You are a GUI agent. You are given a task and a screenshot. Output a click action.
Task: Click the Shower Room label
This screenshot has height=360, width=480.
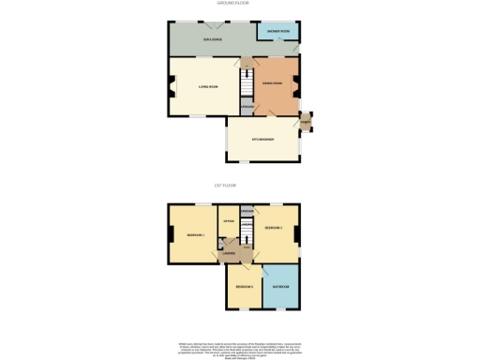[277, 32]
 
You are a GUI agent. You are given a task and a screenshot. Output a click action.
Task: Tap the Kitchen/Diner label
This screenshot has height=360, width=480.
[262, 140]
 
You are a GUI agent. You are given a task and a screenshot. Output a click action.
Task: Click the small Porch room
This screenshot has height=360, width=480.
[306, 123]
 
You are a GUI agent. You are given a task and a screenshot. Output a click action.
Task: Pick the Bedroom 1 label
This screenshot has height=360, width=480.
[195, 234]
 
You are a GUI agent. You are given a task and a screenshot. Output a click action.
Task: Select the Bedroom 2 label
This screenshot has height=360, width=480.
[274, 228]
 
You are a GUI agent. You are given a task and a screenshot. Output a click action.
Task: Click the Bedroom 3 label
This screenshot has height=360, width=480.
[243, 285]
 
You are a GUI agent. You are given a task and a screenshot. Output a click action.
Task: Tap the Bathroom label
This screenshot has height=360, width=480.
[280, 285]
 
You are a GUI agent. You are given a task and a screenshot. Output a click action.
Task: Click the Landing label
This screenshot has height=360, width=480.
[228, 253]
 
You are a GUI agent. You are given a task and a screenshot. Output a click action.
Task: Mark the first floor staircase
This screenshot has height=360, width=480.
[247, 230]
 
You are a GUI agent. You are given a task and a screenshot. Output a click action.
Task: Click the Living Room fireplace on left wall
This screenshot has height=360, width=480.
[171, 90]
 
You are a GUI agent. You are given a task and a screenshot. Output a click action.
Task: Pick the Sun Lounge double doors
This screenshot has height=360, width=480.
[221, 23]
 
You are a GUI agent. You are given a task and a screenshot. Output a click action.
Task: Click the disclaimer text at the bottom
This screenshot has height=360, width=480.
[240, 346]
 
